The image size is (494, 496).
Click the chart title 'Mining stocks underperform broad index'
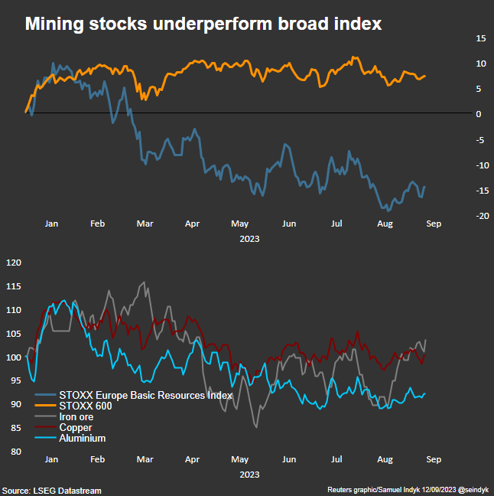coord(203,24)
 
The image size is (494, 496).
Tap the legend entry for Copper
coord(76,427)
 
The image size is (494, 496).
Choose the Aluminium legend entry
coord(82,438)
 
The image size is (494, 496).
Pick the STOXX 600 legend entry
coord(86,406)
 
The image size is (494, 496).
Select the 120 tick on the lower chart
coord(14,263)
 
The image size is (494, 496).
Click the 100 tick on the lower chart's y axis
coord(14,357)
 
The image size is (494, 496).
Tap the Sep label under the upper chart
coord(433,224)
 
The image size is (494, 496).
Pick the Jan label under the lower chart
coord(51,460)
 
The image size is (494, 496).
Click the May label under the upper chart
coord(240,224)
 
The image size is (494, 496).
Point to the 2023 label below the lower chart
coord(249,474)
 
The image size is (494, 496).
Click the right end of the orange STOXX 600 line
coord(425,76)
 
